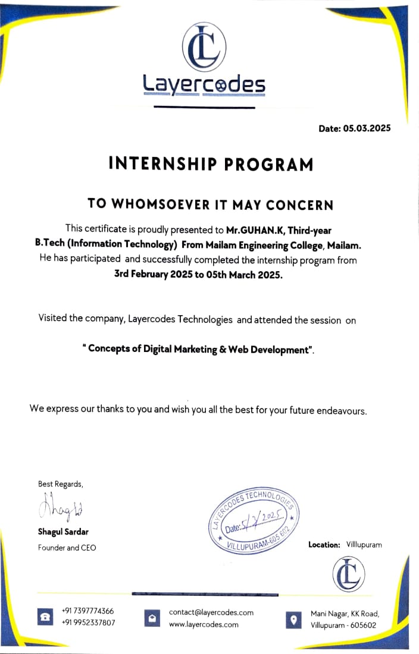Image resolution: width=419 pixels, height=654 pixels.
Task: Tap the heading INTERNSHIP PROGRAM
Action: tap(211, 164)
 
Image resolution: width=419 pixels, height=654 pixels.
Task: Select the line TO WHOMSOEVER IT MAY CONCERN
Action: tap(210, 204)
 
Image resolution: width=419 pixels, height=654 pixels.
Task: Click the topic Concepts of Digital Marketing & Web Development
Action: tap(199, 349)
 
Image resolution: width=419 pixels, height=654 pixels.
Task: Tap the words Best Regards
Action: tap(61, 484)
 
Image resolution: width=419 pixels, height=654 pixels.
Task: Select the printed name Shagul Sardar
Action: tap(63, 532)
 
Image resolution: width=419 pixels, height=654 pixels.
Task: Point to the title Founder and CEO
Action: tap(67, 548)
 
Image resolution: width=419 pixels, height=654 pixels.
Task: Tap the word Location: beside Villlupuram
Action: tap(324, 545)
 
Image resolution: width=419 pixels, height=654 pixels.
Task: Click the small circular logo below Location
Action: tap(348, 575)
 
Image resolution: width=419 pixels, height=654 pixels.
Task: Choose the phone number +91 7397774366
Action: tap(88, 611)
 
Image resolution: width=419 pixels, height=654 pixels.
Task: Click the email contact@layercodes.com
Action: tap(211, 612)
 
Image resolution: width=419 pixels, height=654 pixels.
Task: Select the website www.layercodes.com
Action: tap(204, 624)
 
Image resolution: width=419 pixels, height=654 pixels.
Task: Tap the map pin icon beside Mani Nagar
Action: tap(293, 620)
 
